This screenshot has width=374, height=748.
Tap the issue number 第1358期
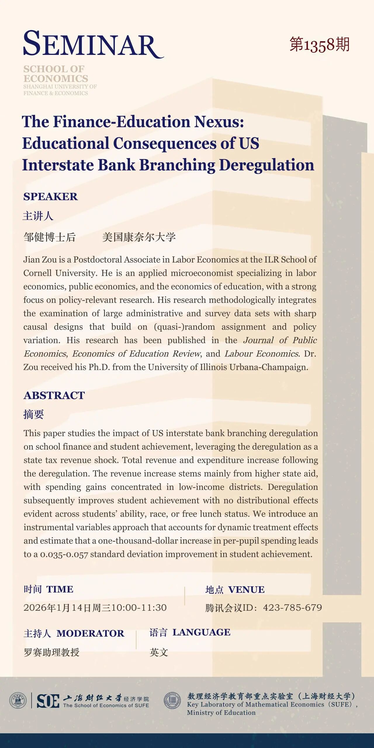tap(319, 45)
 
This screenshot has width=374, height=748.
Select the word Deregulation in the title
tap(266, 165)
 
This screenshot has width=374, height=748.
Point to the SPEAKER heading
tap(51, 197)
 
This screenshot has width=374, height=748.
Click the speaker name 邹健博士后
tap(50, 237)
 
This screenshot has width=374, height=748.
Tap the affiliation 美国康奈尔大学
tap(139, 237)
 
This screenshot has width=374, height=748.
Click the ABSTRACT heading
tap(54, 395)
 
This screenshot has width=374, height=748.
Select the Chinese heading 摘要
tap(34, 414)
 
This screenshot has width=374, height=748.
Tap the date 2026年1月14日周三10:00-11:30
tap(95, 608)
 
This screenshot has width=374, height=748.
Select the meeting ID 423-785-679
tap(292, 608)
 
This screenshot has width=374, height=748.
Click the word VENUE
tap(246, 590)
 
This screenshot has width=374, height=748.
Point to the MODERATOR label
tap(90, 633)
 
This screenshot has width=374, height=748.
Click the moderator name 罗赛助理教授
tap(51, 652)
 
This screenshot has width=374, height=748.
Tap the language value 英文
tap(159, 652)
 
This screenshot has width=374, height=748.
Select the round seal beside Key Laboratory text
tap(172, 700)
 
